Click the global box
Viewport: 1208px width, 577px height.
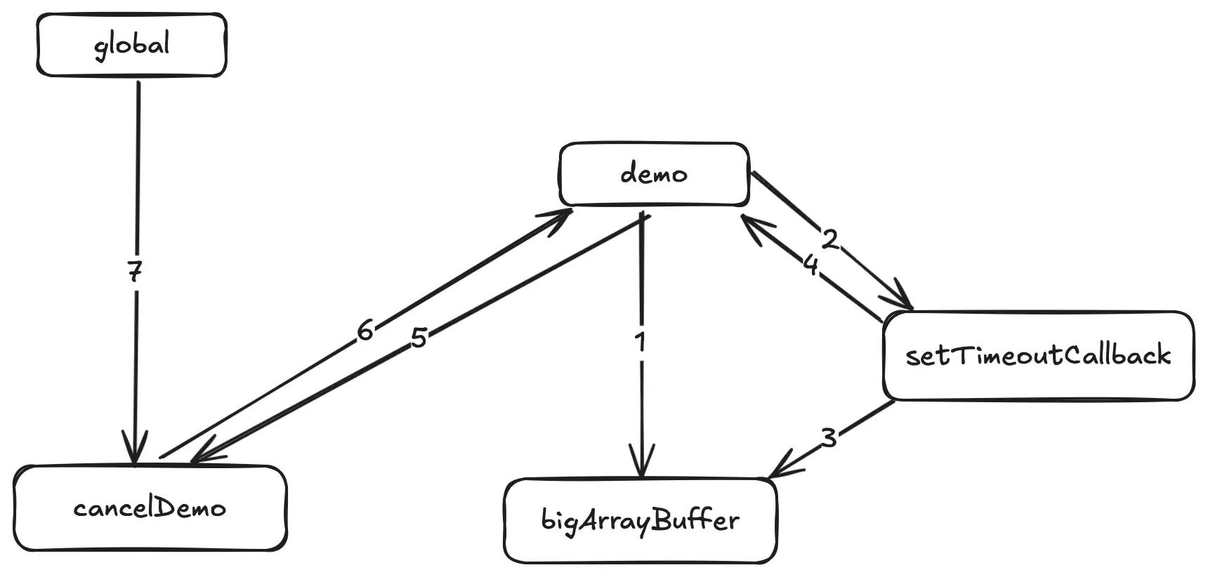[131, 45]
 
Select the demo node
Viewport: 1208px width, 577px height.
[654, 174]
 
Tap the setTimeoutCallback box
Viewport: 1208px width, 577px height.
[1038, 356]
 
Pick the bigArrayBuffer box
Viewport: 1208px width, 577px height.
[641, 521]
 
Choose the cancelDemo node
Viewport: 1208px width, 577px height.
[150, 508]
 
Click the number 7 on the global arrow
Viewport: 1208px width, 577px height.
[135, 271]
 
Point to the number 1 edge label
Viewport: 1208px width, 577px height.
[640, 342]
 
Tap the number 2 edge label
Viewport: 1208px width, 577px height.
[830, 240]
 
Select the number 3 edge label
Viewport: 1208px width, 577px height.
[829, 437]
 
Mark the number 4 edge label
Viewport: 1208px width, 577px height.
[810, 265]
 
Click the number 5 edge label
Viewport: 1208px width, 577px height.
[419, 338]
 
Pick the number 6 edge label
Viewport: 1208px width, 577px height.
[365, 330]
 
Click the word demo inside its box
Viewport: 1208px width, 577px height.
[654, 173]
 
